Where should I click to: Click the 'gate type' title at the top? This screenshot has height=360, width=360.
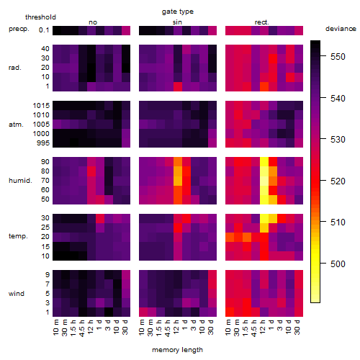(x=178, y=12)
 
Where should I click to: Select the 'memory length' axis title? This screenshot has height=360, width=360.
(x=177, y=350)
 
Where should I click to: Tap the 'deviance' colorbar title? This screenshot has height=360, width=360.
(x=341, y=29)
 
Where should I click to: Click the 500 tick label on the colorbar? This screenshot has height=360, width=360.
(x=338, y=264)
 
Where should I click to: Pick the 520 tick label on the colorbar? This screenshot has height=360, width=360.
(x=338, y=181)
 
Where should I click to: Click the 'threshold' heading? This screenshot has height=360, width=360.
(x=40, y=17)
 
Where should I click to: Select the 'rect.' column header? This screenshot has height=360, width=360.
(x=262, y=22)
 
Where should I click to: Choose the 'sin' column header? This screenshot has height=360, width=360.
(x=177, y=22)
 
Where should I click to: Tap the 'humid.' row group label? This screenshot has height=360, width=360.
(x=20, y=181)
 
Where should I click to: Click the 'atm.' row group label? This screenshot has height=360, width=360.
(x=16, y=125)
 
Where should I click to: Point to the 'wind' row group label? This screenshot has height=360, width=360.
(x=17, y=294)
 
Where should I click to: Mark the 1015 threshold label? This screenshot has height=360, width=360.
(x=41, y=105)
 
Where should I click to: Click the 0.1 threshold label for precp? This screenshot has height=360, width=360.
(x=44, y=30)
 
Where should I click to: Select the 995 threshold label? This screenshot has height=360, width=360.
(x=43, y=143)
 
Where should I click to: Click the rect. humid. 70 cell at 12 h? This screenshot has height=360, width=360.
(x=264, y=181)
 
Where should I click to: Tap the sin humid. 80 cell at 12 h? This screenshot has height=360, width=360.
(x=178, y=171)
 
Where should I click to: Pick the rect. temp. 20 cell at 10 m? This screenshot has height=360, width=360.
(x=230, y=237)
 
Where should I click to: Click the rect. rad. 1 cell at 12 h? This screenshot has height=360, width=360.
(x=264, y=86)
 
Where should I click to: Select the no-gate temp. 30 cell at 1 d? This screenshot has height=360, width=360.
(x=100, y=218)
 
